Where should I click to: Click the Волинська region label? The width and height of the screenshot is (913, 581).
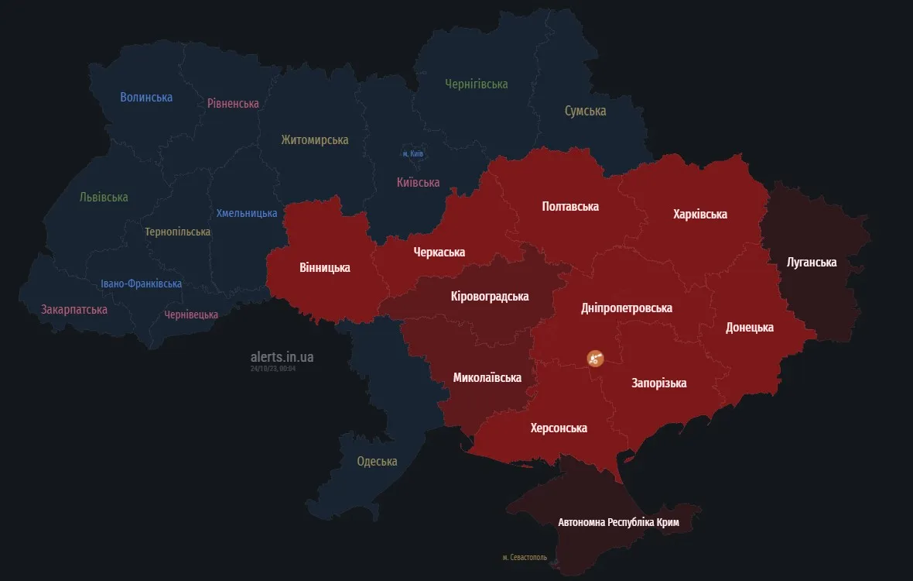point(146,98)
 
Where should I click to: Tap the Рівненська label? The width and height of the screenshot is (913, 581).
point(233,103)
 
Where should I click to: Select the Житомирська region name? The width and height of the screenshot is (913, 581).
point(314,140)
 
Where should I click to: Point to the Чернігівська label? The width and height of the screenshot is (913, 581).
point(477,84)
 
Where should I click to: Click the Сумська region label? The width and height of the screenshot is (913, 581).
point(585,111)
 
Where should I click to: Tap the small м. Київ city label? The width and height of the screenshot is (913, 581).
point(413,154)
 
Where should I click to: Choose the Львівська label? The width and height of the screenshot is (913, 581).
point(104,197)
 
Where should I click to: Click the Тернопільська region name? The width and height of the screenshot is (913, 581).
point(177,232)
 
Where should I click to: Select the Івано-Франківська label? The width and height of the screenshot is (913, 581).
point(142,284)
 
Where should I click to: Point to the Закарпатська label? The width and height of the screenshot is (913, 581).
point(74,310)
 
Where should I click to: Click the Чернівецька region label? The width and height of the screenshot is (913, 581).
point(191,315)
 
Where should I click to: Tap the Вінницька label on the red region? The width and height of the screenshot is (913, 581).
point(324,268)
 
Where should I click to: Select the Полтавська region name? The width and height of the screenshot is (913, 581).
point(570,206)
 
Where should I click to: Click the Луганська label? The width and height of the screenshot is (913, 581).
point(811,263)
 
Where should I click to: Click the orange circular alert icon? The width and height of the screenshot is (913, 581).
point(595,357)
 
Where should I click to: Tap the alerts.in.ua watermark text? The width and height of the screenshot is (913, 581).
point(282,357)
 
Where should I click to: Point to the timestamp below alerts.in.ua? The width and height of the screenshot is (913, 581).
point(273,369)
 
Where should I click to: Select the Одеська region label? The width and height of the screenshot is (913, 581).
point(377,462)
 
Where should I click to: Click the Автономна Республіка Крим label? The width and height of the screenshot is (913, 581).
point(618,522)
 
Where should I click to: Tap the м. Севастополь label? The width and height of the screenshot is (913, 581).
point(524,557)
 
